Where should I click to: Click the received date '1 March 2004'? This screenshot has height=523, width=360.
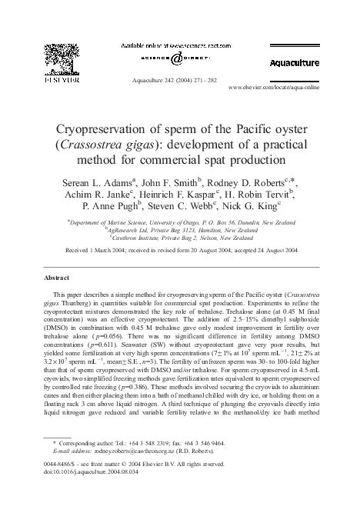(96, 251)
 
